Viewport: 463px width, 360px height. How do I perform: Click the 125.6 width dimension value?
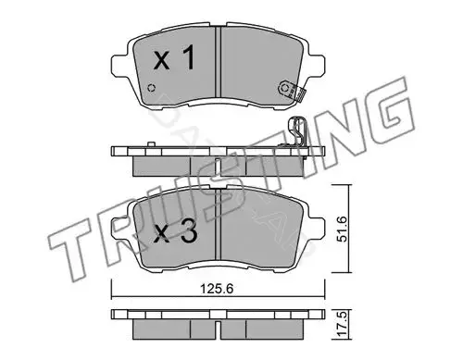tap(217, 289)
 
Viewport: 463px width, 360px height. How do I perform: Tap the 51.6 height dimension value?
tap(342, 229)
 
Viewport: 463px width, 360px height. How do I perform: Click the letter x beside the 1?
tap(162, 61)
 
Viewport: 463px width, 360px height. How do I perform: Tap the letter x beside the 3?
tap(162, 234)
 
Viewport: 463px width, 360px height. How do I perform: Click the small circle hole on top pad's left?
tap(151, 88)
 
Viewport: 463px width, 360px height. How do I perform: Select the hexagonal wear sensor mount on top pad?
tap(286, 89)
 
